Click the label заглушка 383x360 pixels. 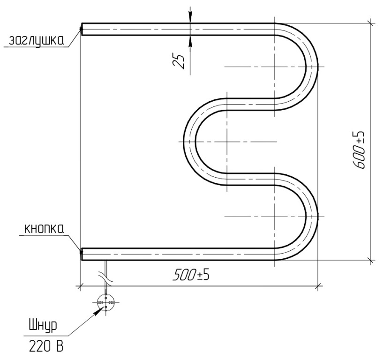37,41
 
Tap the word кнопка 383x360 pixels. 44,229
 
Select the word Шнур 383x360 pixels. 43,326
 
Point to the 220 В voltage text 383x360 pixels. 46,346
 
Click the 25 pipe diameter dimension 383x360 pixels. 179,61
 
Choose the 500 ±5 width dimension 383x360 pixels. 191,275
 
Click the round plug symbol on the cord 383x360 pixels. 105,302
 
